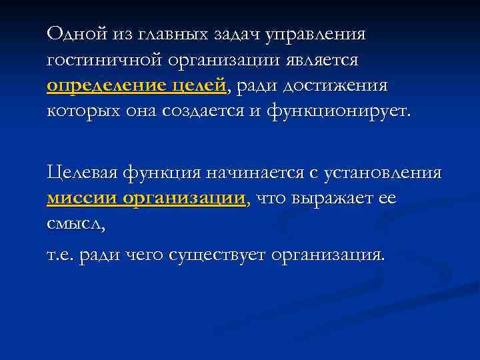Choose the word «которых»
(81, 111)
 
